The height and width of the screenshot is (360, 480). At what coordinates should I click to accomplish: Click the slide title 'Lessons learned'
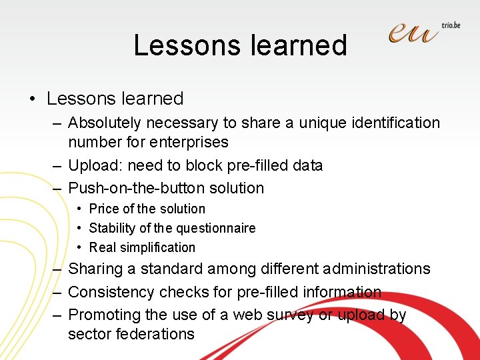[240, 45]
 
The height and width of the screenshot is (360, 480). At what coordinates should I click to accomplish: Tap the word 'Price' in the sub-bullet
[104, 209]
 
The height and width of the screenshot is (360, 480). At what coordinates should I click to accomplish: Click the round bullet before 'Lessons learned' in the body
[33, 99]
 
